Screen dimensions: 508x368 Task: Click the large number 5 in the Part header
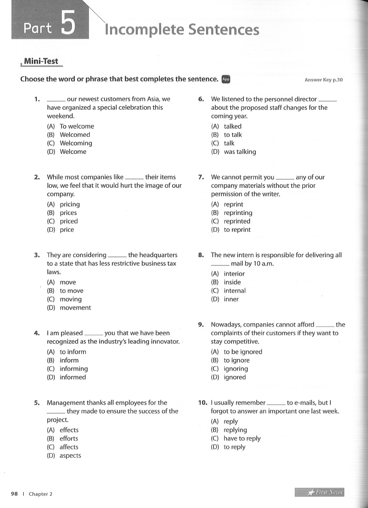tap(67, 25)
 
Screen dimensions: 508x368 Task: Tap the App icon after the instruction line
tap(225, 80)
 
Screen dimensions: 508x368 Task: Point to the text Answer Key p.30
tap(323, 80)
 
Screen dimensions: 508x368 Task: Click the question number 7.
tap(201, 177)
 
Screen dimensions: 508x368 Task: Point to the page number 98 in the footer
tap(15, 494)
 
